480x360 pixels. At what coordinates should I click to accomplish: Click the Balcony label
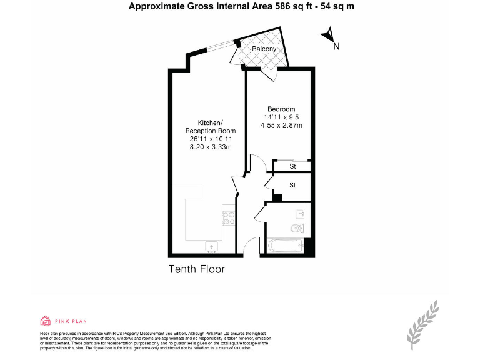(264, 49)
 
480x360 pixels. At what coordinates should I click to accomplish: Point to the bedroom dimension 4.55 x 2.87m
(281, 125)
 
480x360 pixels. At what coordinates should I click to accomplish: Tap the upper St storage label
(292, 166)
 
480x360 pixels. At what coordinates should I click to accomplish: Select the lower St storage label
(292, 185)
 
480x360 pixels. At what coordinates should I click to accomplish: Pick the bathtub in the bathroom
(286, 246)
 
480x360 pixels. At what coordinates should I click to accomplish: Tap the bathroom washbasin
(299, 212)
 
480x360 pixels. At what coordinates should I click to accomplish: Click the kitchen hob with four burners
(229, 217)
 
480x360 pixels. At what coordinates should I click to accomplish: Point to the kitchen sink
(212, 247)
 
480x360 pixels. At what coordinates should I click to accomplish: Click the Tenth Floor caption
(196, 269)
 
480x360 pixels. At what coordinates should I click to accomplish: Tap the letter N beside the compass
(336, 46)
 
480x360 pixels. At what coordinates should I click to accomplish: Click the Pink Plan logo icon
(45, 321)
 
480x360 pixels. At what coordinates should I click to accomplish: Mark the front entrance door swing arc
(250, 245)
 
